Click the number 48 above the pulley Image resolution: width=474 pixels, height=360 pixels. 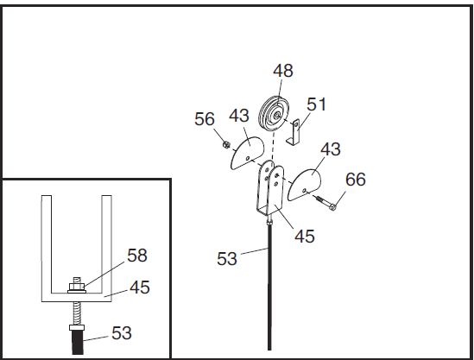[283, 71]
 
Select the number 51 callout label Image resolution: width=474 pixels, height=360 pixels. [317, 104]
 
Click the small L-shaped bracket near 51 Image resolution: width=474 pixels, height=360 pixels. [294, 132]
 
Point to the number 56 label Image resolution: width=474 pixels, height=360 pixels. [205, 119]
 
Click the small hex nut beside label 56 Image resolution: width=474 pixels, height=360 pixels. [225, 145]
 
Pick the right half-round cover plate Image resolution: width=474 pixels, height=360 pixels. [305, 185]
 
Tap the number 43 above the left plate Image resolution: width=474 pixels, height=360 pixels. [239, 116]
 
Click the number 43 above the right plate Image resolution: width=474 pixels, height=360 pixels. [331, 149]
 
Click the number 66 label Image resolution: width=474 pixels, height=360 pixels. [356, 180]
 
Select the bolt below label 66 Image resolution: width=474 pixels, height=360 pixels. [325, 203]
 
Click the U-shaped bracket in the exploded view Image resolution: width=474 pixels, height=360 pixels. [270, 188]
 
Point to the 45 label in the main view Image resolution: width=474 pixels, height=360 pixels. [305, 236]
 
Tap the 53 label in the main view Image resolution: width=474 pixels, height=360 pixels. [227, 259]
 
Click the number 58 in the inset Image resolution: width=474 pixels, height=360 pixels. [137, 256]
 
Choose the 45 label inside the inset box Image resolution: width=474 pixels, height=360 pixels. [140, 287]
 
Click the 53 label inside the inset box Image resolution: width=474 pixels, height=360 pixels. [122, 333]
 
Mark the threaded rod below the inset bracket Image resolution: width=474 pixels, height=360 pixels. [77, 313]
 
